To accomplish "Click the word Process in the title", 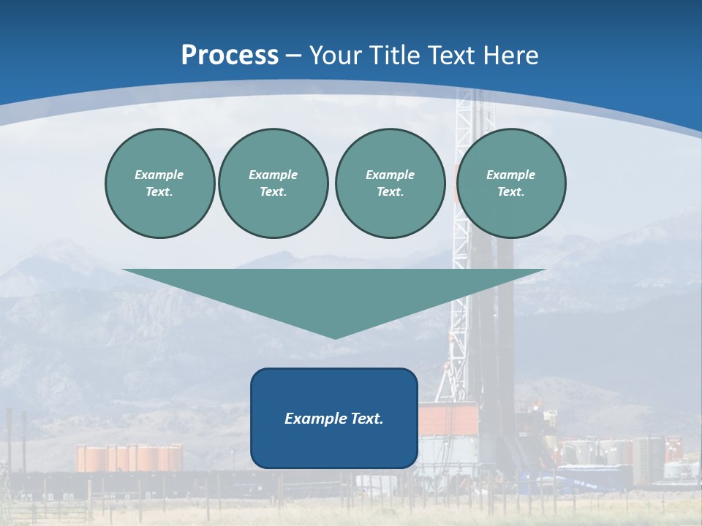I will [230, 55].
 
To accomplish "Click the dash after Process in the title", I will [294, 56].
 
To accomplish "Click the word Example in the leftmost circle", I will [159, 175].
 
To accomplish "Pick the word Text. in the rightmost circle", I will [510, 192].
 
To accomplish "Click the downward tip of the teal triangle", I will [335, 336].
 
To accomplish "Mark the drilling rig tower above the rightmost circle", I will [465, 110].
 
